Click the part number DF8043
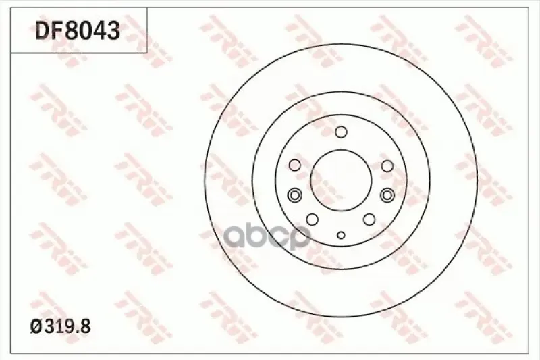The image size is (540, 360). click(78, 30)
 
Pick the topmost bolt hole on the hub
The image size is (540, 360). click(341, 132)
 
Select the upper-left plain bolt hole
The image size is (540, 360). click(295, 165)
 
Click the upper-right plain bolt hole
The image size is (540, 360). click(387, 165)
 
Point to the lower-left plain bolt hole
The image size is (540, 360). click(313, 219)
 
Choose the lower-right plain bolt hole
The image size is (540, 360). click(369, 219)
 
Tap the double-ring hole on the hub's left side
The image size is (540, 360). click(294, 195)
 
